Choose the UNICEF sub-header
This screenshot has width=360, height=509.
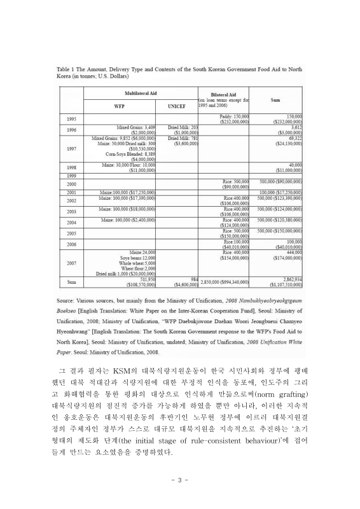tap(176, 106)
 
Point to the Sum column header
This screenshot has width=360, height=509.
tap(277, 99)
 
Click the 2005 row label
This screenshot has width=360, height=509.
tap(71, 233)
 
